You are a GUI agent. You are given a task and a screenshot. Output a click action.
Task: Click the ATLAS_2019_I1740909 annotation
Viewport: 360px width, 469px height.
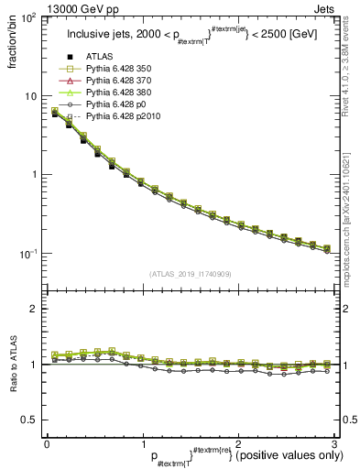click(191, 274)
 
